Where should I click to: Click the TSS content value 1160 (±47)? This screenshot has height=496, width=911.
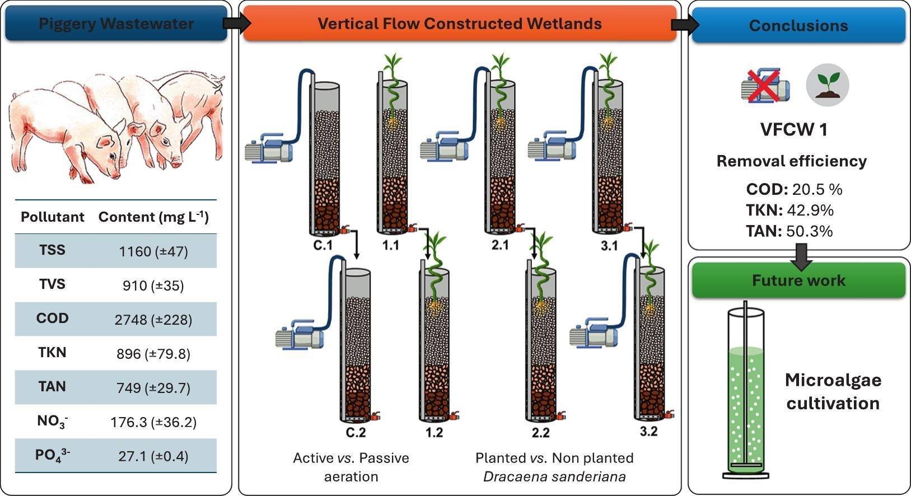coord(153,252)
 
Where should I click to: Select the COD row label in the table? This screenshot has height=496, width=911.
coord(53,318)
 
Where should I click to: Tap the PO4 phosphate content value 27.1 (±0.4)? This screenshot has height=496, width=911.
coord(153,457)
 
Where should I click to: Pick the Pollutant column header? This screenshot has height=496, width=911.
coord(53,217)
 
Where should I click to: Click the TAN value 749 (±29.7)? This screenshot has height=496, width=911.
coord(153,389)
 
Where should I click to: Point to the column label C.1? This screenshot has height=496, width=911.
coord(323,246)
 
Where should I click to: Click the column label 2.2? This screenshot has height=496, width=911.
coord(540,433)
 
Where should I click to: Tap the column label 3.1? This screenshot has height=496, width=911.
coord(609,246)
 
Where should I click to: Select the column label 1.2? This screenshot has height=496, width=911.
coord(434,433)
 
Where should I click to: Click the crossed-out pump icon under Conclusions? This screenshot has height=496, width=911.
coord(765,86)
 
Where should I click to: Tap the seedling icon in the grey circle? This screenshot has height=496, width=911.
coord(827,85)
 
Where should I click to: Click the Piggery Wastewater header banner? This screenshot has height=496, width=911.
coord(116,23)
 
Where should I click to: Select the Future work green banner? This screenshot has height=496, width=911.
coord(799,280)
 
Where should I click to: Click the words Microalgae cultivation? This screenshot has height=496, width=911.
coord(833,392)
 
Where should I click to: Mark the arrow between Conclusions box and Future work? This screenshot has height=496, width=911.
coord(801,257)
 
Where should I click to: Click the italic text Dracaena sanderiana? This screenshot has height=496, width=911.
coord(554,476)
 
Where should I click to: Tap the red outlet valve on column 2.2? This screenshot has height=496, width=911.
coord(561,416)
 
